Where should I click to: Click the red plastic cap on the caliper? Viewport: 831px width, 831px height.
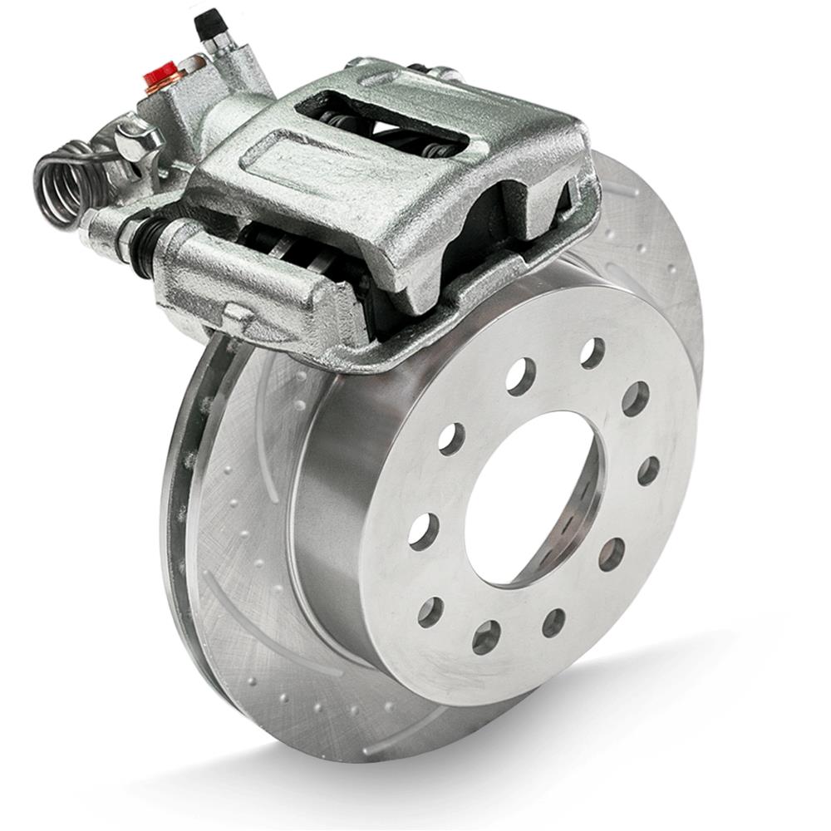point(160,74)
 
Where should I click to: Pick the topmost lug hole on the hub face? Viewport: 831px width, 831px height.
point(593,353)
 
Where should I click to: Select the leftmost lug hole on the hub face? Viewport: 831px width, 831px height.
point(423,529)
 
